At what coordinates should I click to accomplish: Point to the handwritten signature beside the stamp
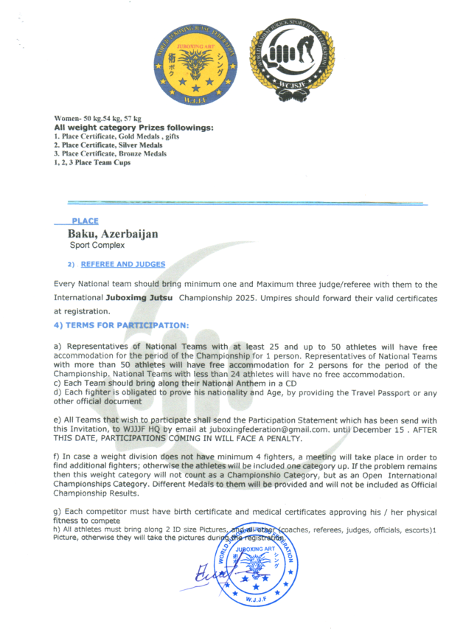coord(208,574)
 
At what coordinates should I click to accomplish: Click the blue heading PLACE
coord(85,221)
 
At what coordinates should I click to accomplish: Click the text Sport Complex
coord(97,245)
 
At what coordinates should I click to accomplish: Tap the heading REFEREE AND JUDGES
coord(122,264)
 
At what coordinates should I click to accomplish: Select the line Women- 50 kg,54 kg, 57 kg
coord(98,119)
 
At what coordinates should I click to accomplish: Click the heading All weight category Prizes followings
coord(134,128)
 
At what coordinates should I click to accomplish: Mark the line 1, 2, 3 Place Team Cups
coord(92,163)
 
